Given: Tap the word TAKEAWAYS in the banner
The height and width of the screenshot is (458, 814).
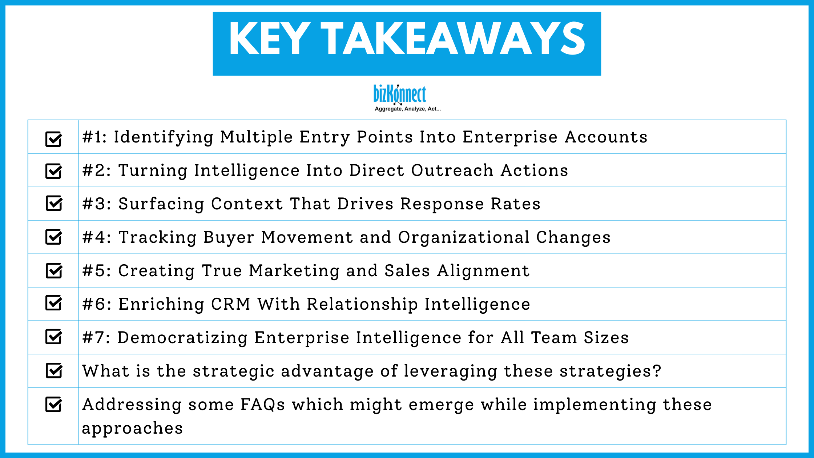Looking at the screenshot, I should click(453, 39).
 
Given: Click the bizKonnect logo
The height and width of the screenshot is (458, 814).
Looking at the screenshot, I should click(400, 95).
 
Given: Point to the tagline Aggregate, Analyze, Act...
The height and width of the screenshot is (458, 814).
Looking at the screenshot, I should click(407, 109).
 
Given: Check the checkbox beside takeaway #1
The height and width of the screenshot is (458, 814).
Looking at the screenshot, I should click(53, 139).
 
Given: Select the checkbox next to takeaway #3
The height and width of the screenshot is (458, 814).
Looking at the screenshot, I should click(54, 203).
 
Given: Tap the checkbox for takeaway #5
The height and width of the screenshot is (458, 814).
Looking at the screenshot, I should click(54, 270).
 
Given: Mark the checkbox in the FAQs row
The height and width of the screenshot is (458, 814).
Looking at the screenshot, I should click(53, 404).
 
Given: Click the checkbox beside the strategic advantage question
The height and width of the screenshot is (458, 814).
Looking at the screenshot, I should click(54, 371).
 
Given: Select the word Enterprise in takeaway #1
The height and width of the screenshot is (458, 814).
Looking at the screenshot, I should click(510, 137).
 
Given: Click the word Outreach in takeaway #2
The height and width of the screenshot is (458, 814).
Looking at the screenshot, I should click(452, 170).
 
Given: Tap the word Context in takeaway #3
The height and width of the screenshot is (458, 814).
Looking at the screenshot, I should click(247, 204).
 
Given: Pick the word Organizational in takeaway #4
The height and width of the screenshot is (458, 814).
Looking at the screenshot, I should click(464, 237).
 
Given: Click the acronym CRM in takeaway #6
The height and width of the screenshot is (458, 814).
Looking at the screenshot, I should click(231, 304).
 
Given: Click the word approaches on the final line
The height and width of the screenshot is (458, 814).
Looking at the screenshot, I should click(132, 429).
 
